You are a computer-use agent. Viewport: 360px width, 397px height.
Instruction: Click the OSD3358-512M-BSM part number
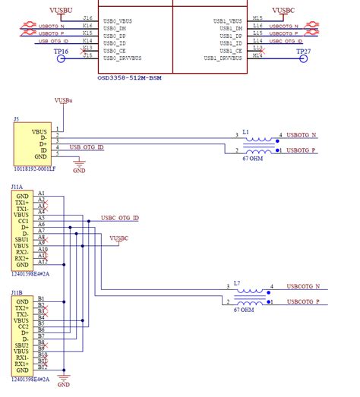pyautogui.click(x=130, y=77)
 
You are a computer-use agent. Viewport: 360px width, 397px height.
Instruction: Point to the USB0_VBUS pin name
pyautogui.click(x=122, y=20)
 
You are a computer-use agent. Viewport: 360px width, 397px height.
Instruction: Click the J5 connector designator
pyautogui.click(x=16, y=120)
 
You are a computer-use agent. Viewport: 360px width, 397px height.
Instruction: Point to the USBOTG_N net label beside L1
pyautogui.click(x=304, y=135)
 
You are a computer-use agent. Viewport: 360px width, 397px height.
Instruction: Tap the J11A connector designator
pyautogui.click(x=17, y=186)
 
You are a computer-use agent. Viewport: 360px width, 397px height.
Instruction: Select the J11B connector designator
pyautogui.click(x=17, y=291)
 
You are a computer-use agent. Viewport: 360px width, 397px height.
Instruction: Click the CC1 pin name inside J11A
pyautogui.click(x=22, y=221)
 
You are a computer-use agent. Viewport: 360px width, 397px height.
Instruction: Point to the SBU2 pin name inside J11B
pyautogui.click(x=22, y=345)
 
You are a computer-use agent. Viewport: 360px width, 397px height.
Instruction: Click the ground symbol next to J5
pyautogui.click(x=79, y=163)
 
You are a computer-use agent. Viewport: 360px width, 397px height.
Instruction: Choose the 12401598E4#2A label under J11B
pyautogui.click(x=30, y=378)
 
